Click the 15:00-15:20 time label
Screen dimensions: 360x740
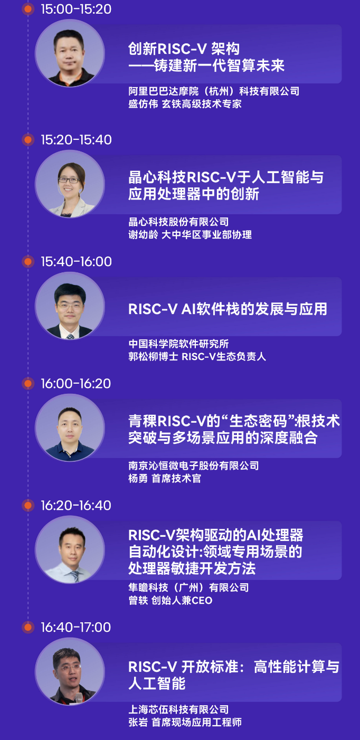pos(76,10)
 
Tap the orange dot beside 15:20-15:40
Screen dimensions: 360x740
pos(28,140)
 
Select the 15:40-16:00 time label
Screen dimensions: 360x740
pos(77,262)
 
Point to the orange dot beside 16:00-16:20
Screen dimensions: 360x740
pos(28,384)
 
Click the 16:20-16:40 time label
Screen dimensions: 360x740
pos(76,506)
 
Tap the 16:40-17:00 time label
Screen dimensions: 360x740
pos(76,628)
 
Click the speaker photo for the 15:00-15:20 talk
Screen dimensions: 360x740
pos(70,53)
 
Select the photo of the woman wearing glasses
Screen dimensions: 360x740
pos(70,184)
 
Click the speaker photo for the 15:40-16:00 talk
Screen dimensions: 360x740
pos(70,306)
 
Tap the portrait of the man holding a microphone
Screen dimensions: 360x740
pos(70,671)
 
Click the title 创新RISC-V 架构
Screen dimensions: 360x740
pos(184,49)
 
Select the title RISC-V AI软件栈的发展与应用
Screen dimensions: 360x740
pos(228,309)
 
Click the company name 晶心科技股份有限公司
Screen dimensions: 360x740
pos(178,222)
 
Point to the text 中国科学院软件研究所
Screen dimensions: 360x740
pos(178,344)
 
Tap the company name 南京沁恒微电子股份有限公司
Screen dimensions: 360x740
pos(194,466)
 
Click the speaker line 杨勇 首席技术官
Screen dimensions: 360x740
pos(165,478)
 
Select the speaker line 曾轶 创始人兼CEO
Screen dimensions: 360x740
pos(170,600)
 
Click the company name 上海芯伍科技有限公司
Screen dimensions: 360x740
pos(178,709)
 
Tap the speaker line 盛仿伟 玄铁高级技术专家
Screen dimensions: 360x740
pos(185,104)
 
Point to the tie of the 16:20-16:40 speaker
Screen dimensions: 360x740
pos(75,576)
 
